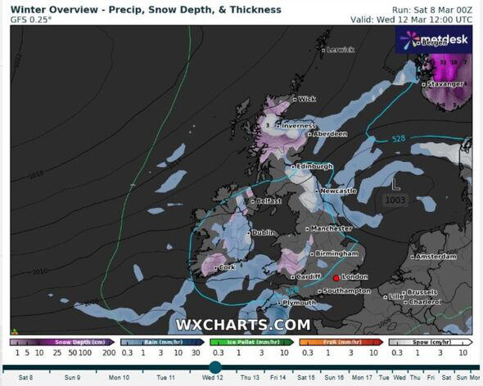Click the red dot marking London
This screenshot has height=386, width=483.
point(336,277)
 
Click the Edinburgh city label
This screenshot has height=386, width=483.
point(314,166)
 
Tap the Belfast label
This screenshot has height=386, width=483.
point(268,200)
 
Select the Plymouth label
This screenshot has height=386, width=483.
point(299,303)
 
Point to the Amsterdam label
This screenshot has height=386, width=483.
point(436,257)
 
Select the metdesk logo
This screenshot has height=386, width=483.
point(431,38)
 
